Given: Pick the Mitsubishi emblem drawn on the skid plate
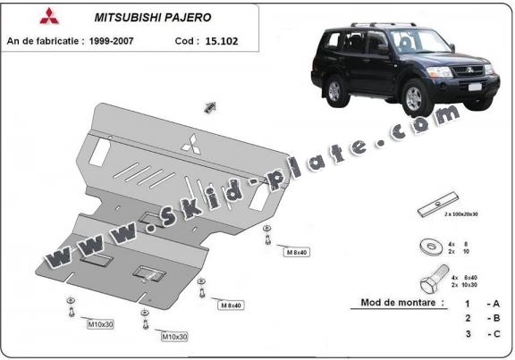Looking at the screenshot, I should click(x=191, y=145).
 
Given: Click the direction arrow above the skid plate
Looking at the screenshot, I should click(x=211, y=107).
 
